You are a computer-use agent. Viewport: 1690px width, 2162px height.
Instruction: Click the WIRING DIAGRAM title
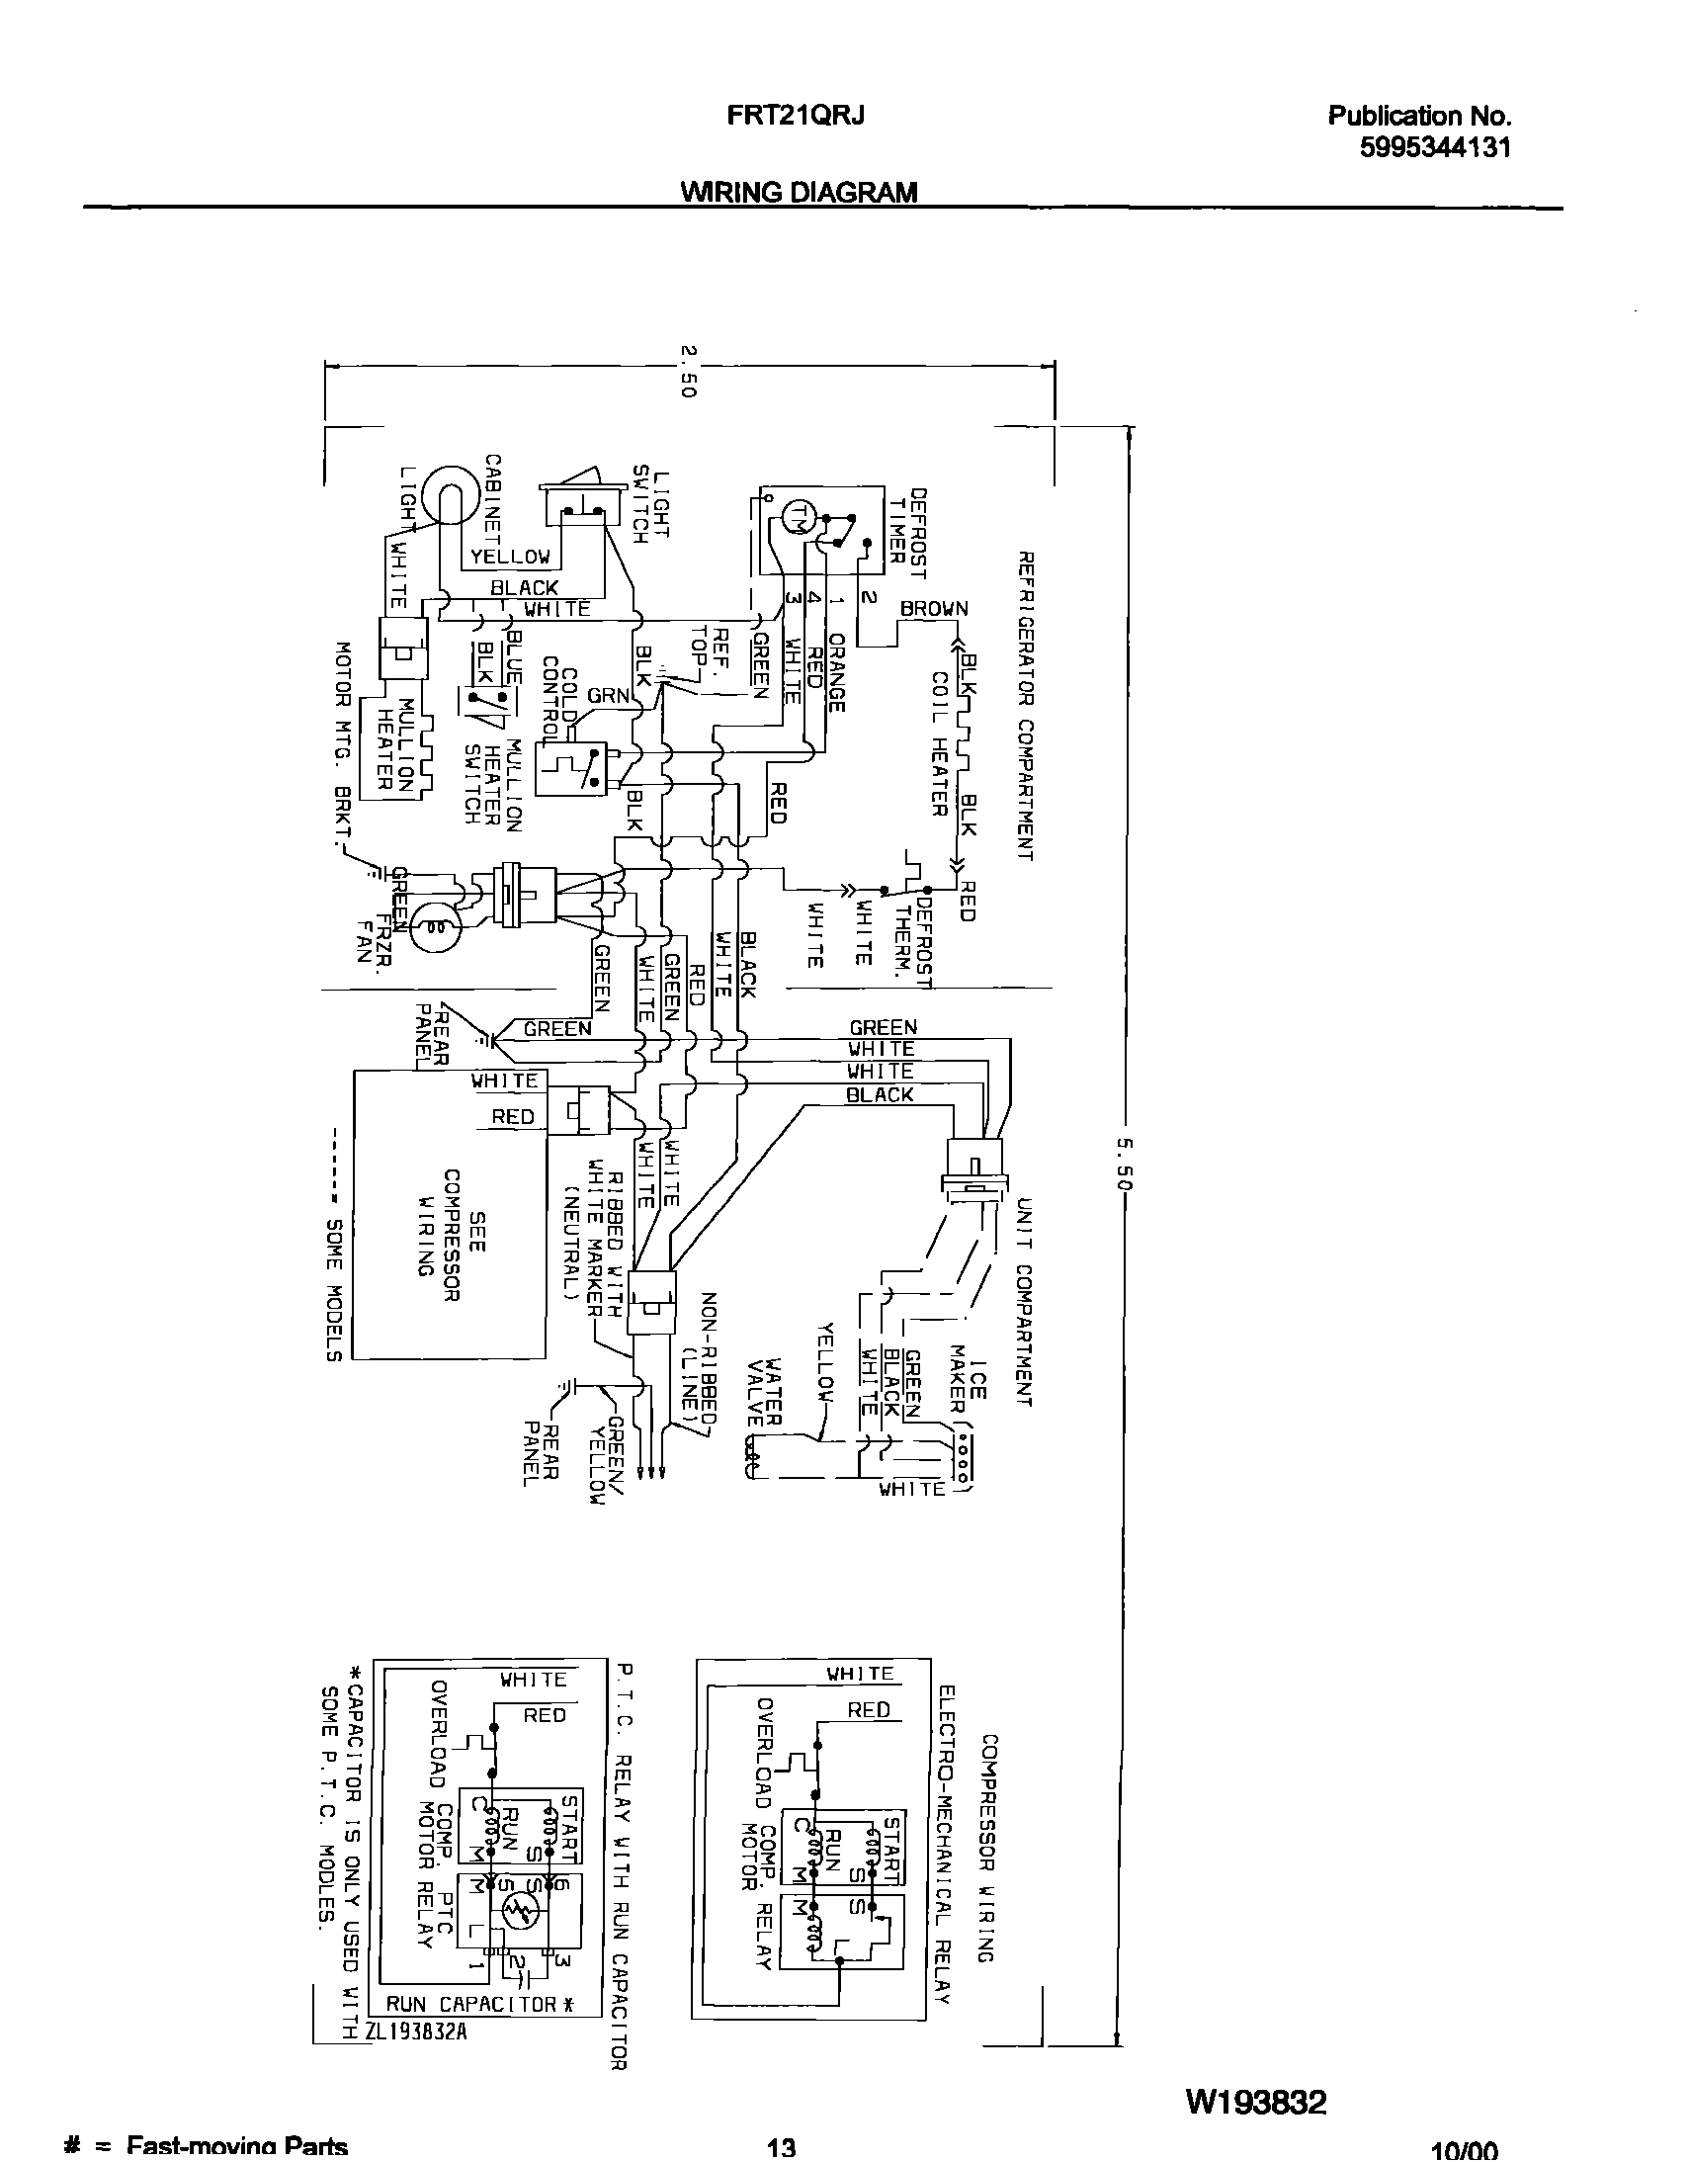pos(799,192)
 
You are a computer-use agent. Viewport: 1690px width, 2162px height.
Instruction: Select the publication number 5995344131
pos(1435,148)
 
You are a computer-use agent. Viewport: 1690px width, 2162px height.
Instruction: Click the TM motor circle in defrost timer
pos(798,515)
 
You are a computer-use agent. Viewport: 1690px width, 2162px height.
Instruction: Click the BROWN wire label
pos(933,609)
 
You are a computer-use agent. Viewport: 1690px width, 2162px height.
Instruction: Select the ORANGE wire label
pos(836,673)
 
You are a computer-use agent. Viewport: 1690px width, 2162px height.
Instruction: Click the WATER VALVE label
pos(765,1391)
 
